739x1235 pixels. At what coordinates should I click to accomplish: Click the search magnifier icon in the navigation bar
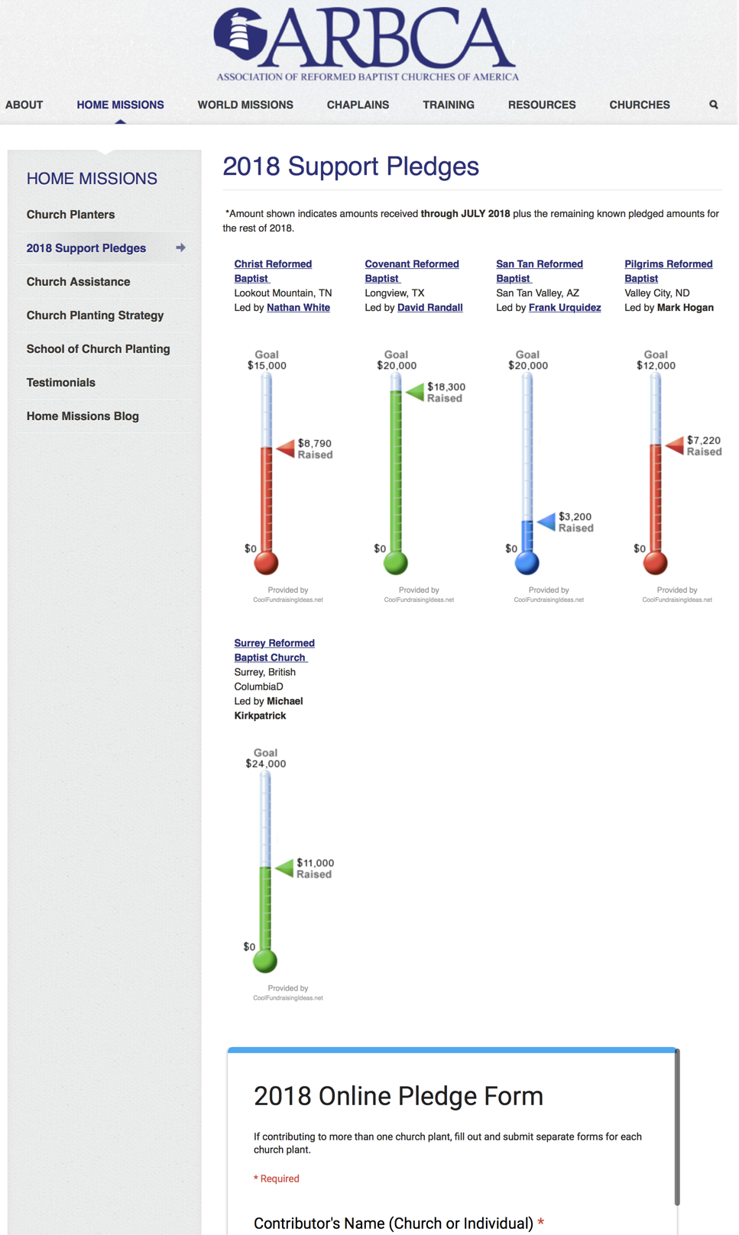click(x=713, y=105)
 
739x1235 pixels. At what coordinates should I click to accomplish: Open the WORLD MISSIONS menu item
click(x=245, y=105)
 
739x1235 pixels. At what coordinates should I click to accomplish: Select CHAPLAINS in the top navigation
click(x=358, y=105)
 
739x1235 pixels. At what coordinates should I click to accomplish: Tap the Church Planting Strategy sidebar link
click(x=95, y=315)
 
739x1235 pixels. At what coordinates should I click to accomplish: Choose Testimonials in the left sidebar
click(x=61, y=383)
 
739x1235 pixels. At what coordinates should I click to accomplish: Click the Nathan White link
click(x=298, y=308)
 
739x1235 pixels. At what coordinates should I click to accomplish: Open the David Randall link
click(x=429, y=308)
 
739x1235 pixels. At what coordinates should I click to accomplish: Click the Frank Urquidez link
click(x=565, y=308)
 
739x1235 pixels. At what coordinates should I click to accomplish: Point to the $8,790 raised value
click(x=315, y=443)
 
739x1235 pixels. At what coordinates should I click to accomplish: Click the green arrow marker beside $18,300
click(x=415, y=392)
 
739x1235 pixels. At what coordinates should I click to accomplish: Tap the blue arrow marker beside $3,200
click(x=546, y=522)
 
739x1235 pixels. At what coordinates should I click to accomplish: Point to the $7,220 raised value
click(x=704, y=440)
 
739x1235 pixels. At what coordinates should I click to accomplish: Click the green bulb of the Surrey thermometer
click(x=265, y=960)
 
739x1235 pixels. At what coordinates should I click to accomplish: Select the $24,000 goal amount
click(x=266, y=764)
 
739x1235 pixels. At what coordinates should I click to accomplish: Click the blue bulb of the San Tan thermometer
click(x=527, y=563)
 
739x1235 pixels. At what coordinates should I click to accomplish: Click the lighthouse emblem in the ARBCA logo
click(x=240, y=34)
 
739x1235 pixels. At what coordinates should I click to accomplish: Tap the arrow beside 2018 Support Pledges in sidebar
click(x=181, y=247)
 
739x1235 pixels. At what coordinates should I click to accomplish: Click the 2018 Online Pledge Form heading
click(x=398, y=1096)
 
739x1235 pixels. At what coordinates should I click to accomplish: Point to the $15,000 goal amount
click(x=267, y=366)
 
